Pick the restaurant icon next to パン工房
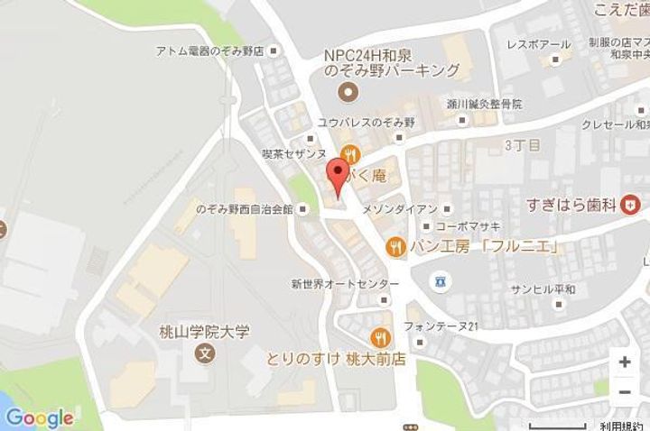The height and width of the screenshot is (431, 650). click(x=395, y=245)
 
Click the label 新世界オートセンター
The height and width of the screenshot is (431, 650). click(x=331, y=282)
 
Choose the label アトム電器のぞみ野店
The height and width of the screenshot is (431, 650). click(x=208, y=51)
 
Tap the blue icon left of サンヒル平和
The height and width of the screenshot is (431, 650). click(x=440, y=281)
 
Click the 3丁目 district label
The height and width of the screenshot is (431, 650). click(x=521, y=144)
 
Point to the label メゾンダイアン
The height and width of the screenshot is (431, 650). click(x=399, y=209)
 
